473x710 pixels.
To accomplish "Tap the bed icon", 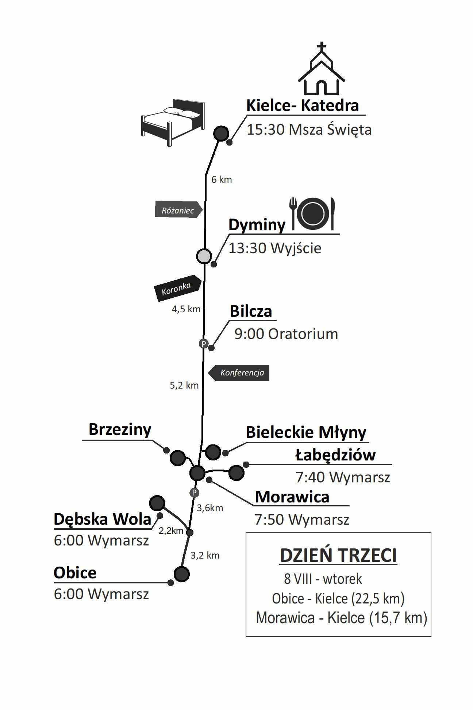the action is click(x=173, y=123).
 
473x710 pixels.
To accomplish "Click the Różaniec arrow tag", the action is click(x=178, y=209).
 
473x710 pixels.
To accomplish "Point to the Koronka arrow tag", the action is click(x=178, y=288).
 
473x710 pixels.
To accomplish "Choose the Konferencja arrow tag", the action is click(x=239, y=373).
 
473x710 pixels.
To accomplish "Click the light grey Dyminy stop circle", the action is click(x=204, y=256).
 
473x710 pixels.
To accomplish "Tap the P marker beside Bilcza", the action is click(x=203, y=343).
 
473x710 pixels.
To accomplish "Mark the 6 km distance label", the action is click(x=222, y=180).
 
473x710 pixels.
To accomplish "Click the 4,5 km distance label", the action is click(x=186, y=309).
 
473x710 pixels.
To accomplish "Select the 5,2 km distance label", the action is click(x=184, y=385).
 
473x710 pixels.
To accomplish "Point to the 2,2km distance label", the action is click(x=171, y=531).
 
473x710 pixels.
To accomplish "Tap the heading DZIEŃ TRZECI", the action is click(x=338, y=556).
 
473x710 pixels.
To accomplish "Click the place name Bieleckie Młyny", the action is click(x=306, y=432).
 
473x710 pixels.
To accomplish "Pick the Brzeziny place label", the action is click(x=120, y=429).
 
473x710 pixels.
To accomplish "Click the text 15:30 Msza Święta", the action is click(x=309, y=130).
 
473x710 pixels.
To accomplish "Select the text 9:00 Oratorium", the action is click(x=286, y=334).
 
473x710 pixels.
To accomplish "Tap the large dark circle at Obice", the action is click(x=182, y=574).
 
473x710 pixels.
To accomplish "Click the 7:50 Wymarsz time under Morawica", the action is click(x=302, y=520).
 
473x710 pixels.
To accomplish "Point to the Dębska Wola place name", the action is click(x=103, y=519).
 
